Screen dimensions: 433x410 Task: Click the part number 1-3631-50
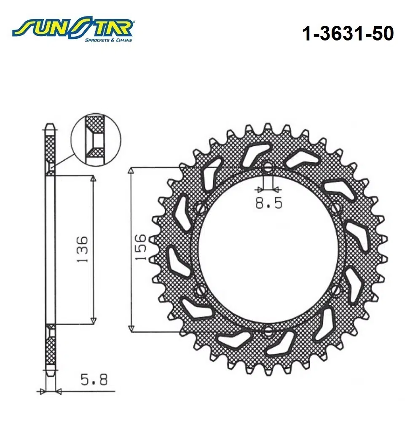tap(347, 34)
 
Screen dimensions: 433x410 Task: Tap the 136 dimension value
tap(83, 250)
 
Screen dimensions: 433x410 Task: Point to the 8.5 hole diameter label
tap(268, 204)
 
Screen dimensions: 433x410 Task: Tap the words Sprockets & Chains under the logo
tap(108, 40)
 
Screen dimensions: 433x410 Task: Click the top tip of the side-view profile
tap(50, 125)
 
